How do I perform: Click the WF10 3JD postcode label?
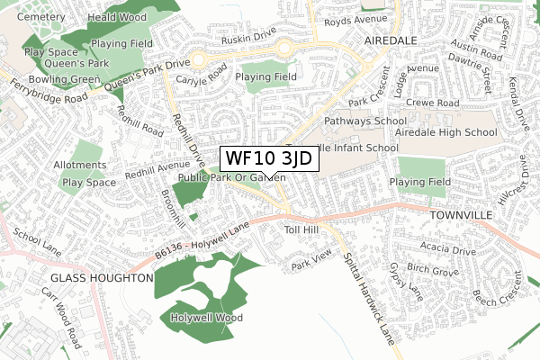coord(268,158)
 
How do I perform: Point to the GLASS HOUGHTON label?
coord(102,279)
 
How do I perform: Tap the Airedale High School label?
coord(445,132)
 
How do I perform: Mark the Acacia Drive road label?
coord(433,251)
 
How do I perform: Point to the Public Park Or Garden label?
coord(231,178)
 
